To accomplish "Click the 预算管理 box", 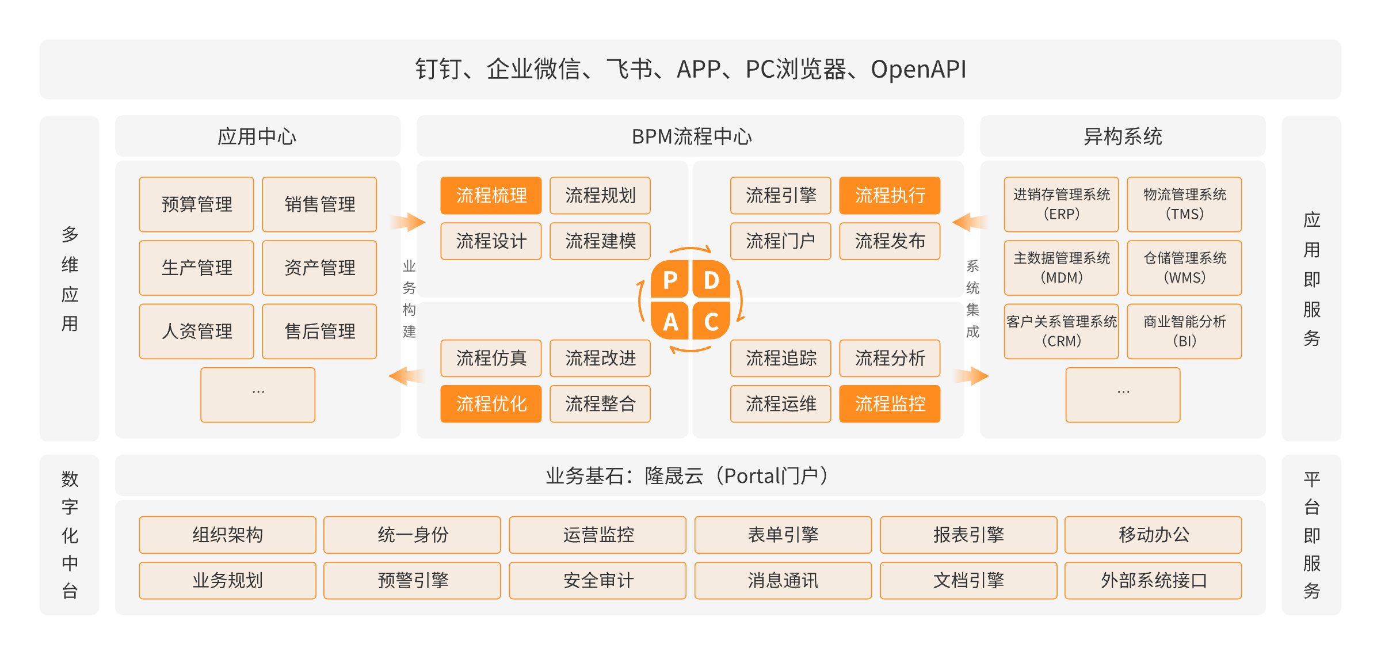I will coord(196,204).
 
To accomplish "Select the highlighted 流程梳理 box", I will coord(491,196).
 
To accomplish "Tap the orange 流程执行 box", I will coord(890,196).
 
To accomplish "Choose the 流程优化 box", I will coord(491,404).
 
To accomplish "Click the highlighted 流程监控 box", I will coord(890,404).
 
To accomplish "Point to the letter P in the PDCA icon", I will coord(670,280).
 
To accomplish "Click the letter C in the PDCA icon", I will coord(711,322).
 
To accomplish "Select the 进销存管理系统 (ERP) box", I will coord(1061,204).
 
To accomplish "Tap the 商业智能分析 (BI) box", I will coord(1184,332).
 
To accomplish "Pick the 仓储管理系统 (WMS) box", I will coord(1184,268).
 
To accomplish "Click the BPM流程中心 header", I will coord(690,136).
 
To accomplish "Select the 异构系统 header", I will coord(1123,136).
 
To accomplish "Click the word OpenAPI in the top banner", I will coord(918,70).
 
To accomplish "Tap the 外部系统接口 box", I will coord(1153,581).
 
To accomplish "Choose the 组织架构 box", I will coord(227,535).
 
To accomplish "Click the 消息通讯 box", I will coord(783,581).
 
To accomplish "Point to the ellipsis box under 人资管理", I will coord(258,395).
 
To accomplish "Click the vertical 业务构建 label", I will coord(409,299).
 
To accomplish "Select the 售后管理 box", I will coord(319,332).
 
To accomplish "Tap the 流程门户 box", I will coord(780,241).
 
